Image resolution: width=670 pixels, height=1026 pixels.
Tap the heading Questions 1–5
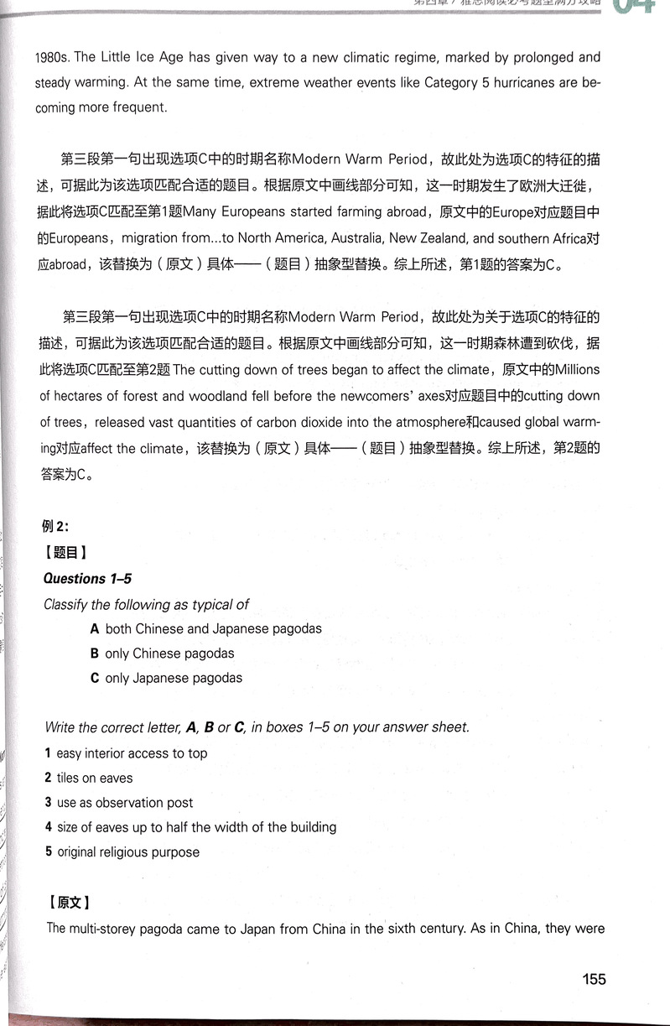[x=87, y=579]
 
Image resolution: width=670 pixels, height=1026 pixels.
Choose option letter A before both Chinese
[x=96, y=628]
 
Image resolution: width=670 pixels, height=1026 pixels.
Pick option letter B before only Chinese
[x=96, y=654]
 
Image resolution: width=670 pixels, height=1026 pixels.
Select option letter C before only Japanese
[x=96, y=679]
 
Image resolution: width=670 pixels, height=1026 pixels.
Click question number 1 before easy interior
[x=48, y=753]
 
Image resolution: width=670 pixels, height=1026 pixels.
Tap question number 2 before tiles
[x=48, y=779]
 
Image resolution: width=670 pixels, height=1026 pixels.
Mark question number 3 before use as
[x=48, y=803]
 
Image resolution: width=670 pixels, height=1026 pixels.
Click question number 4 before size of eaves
[x=48, y=827]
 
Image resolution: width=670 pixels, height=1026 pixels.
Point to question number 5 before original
[x=49, y=852]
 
